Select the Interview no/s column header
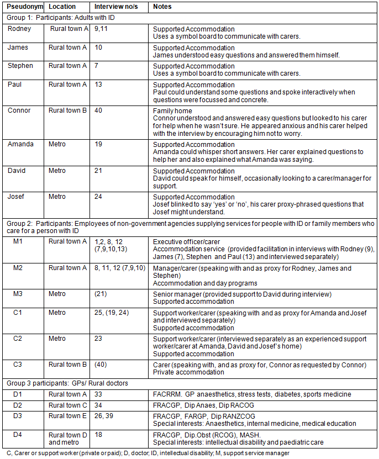click(x=113, y=7)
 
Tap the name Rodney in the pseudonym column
click(x=20, y=29)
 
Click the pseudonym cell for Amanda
click(x=21, y=144)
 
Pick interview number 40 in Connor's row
click(x=99, y=110)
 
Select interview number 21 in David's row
click(x=99, y=170)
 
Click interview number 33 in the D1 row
click(x=99, y=394)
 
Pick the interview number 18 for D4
click(x=99, y=435)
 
